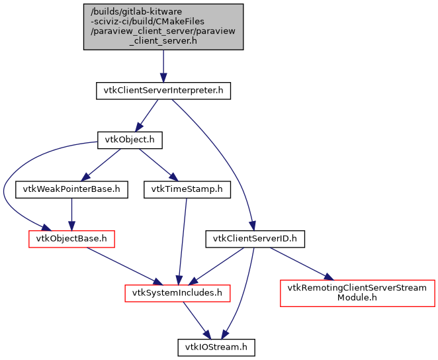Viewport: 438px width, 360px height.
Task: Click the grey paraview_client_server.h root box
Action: [x=163, y=26]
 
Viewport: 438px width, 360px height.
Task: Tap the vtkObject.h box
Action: [x=130, y=140]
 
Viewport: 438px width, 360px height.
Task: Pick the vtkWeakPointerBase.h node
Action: [x=71, y=189]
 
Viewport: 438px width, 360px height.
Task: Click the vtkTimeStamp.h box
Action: [x=187, y=189]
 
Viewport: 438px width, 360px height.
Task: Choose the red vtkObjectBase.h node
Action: [x=71, y=238]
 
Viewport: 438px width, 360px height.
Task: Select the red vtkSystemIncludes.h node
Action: [x=178, y=292]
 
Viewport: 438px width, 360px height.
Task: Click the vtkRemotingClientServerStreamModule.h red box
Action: [x=357, y=292]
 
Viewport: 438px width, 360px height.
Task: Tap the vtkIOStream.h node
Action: [x=216, y=346]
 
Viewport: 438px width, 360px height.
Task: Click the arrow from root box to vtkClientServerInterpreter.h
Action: [x=163, y=66]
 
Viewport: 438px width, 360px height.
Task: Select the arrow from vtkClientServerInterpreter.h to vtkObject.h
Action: [x=147, y=115]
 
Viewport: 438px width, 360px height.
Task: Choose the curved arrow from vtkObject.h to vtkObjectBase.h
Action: [x=7, y=192]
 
